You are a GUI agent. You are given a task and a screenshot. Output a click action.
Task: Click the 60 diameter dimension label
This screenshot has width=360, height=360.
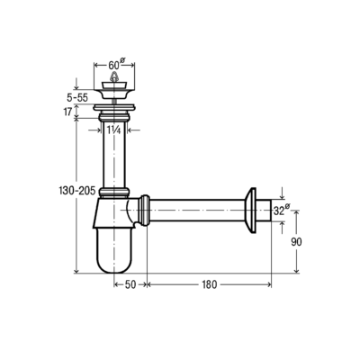click(x=116, y=64)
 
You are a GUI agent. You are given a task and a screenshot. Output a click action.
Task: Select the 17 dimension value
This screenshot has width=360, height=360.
click(x=67, y=112)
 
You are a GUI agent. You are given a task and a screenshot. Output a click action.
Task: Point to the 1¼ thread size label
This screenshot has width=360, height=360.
click(x=114, y=130)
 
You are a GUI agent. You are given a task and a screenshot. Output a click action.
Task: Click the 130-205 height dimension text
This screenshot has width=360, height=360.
click(x=77, y=191)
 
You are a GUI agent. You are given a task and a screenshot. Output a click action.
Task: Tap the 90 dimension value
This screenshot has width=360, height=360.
click(x=296, y=242)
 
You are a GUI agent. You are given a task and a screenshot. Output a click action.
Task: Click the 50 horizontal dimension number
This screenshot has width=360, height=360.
click(x=130, y=284)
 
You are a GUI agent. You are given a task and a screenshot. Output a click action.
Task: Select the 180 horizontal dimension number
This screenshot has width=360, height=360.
click(x=209, y=284)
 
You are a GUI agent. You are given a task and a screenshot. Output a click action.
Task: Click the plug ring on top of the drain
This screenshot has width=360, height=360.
click(x=114, y=76)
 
